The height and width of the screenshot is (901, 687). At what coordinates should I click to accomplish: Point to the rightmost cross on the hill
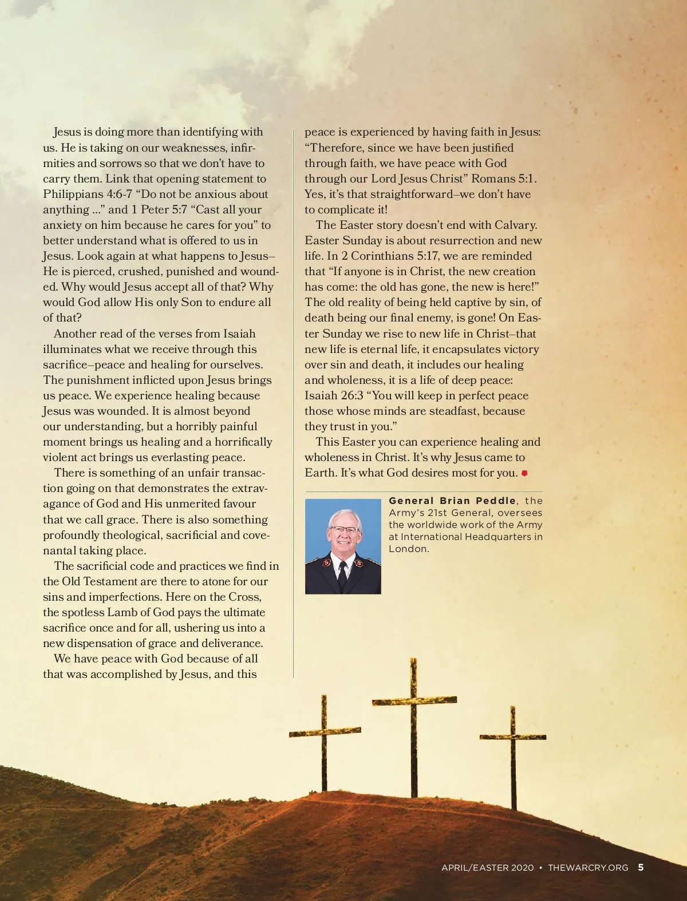[513, 744]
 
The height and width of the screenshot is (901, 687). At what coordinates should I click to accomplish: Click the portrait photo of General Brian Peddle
[343, 546]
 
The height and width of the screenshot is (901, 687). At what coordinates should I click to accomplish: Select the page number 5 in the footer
[641, 867]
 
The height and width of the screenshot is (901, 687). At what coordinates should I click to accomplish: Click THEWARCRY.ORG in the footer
[588, 868]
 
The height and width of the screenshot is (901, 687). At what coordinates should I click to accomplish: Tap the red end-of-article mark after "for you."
[524, 473]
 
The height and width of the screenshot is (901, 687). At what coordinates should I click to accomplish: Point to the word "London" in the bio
[408, 549]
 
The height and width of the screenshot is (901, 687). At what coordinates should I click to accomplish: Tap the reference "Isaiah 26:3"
[329, 395]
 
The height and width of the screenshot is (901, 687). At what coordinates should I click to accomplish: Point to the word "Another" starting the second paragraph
[76, 334]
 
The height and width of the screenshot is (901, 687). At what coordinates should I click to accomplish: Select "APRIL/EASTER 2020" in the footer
[487, 868]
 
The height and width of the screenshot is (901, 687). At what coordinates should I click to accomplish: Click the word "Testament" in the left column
[109, 581]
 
